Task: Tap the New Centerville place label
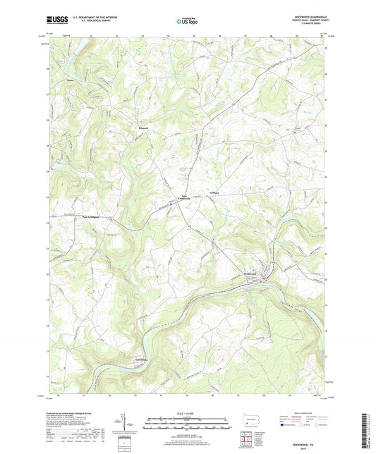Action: click(x=173, y=198)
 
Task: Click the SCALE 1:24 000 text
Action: click(x=188, y=413)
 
